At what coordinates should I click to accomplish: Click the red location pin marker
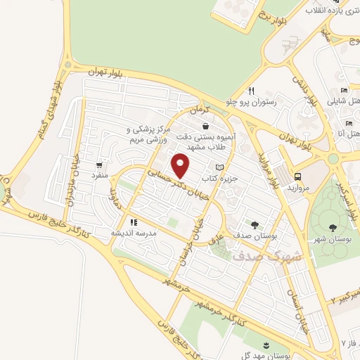(x=181, y=165)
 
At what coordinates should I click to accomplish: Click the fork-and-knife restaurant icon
(x=251, y=91)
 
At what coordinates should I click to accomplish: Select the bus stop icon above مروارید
(x=298, y=176)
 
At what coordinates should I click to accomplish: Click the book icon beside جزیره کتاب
(x=220, y=167)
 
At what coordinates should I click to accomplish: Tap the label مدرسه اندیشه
(x=133, y=233)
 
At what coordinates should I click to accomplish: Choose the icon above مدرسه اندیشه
(x=133, y=221)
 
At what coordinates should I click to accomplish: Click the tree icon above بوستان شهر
(x=331, y=226)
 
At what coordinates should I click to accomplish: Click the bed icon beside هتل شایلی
(x=344, y=91)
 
